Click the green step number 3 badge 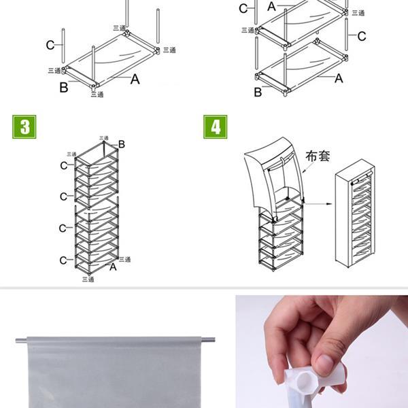click(x=24, y=127)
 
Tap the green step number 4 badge click(x=216, y=127)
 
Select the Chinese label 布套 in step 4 click(x=318, y=156)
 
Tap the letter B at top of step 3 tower click(x=122, y=144)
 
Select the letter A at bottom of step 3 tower click(x=113, y=267)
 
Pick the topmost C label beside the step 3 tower click(x=63, y=165)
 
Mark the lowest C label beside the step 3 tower click(x=63, y=260)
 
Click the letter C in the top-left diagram click(x=50, y=45)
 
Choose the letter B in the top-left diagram click(x=63, y=86)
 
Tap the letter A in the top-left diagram click(x=135, y=80)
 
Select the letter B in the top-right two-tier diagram click(x=258, y=92)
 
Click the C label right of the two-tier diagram click(x=362, y=36)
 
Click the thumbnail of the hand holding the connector click(x=322, y=350)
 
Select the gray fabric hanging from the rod click(x=116, y=374)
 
